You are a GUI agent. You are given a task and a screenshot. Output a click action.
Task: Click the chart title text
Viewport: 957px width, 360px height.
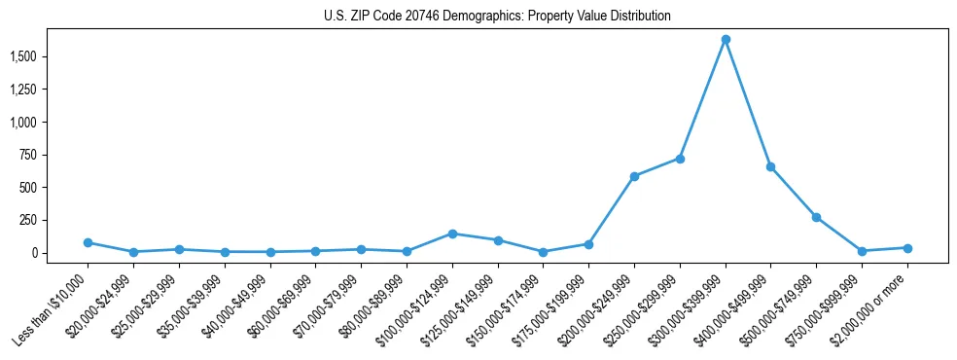point(497,17)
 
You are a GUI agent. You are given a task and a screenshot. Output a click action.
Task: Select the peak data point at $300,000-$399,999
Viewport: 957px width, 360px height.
point(726,40)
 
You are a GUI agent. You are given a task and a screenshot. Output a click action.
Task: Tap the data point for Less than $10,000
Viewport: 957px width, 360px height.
point(88,242)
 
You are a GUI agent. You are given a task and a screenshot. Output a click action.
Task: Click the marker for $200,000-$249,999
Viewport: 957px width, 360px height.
point(634,176)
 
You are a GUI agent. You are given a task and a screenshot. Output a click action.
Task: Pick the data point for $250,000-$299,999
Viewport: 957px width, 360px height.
point(680,159)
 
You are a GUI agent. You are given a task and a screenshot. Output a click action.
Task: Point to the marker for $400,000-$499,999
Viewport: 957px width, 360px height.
point(771,166)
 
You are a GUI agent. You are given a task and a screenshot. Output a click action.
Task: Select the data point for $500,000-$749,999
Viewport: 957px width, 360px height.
point(817,217)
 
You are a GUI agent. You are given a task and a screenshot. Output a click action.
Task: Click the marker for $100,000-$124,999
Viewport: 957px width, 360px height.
point(452,234)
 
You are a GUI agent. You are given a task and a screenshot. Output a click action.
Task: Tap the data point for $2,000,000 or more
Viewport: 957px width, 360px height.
point(907,248)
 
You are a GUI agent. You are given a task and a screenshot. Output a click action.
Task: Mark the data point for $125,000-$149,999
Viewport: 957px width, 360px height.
point(498,240)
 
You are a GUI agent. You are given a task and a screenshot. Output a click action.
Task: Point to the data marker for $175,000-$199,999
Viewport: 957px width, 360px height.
point(588,244)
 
